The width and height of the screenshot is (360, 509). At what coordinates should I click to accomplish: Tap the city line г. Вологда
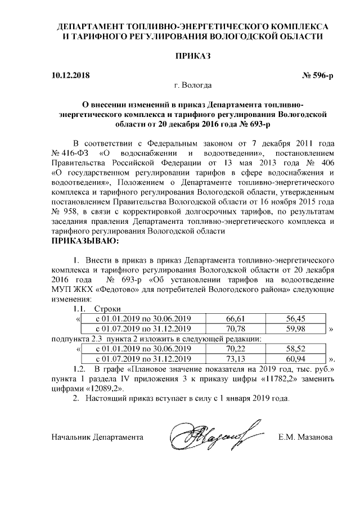coord(193,85)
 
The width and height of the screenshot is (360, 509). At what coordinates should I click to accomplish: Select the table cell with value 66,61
coord(237,318)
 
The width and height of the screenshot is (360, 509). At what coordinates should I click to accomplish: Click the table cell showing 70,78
coord(237,328)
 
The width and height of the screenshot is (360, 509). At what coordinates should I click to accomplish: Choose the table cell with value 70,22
coord(237,349)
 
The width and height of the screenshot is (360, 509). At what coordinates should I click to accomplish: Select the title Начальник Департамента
coord(97,436)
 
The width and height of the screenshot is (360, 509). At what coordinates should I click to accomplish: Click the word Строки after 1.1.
coord(107,308)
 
